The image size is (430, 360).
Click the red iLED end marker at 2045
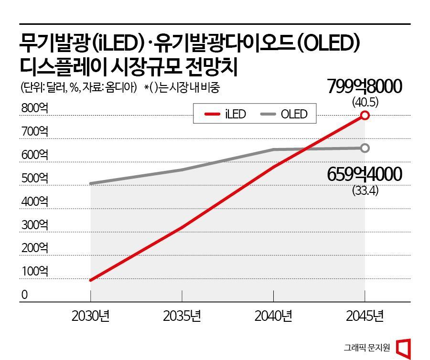pyautogui.click(x=365, y=115)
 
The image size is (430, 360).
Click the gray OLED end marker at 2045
pyautogui.click(x=365, y=148)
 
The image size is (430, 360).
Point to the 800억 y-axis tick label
pyautogui.click(x=34, y=108)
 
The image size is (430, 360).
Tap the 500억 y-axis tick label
pyautogui.click(x=34, y=179)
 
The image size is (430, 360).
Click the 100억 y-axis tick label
pyautogui.click(x=34, y=272)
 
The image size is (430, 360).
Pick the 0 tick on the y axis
pyautogui.click(x=24, y=295)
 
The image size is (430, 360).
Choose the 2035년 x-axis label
pyautogui.click(x=182, y=316)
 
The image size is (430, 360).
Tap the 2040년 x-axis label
pyautogui.click(x=273, y=316)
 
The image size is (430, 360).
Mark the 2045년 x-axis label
pyautogui.click(x=365, y=316)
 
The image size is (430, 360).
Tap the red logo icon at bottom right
pyautogui.click(x=405, y=347)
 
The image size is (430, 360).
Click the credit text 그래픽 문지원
pyautogui.click(x=367, y=348)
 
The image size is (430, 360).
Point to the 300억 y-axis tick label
pyautogui.click(x=34, y=225)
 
